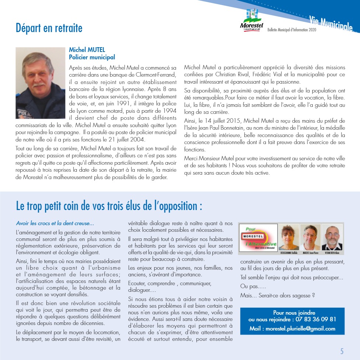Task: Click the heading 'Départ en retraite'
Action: click(49, 28)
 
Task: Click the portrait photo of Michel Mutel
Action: click(41, 83)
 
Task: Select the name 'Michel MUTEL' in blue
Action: click(87, 50)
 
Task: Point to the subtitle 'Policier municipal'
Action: click(92, 57)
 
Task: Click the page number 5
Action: click(342, 351)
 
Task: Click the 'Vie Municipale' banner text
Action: click(331, 24)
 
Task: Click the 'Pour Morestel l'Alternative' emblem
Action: click(258, 238)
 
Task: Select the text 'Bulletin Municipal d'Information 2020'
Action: click(292, 30)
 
